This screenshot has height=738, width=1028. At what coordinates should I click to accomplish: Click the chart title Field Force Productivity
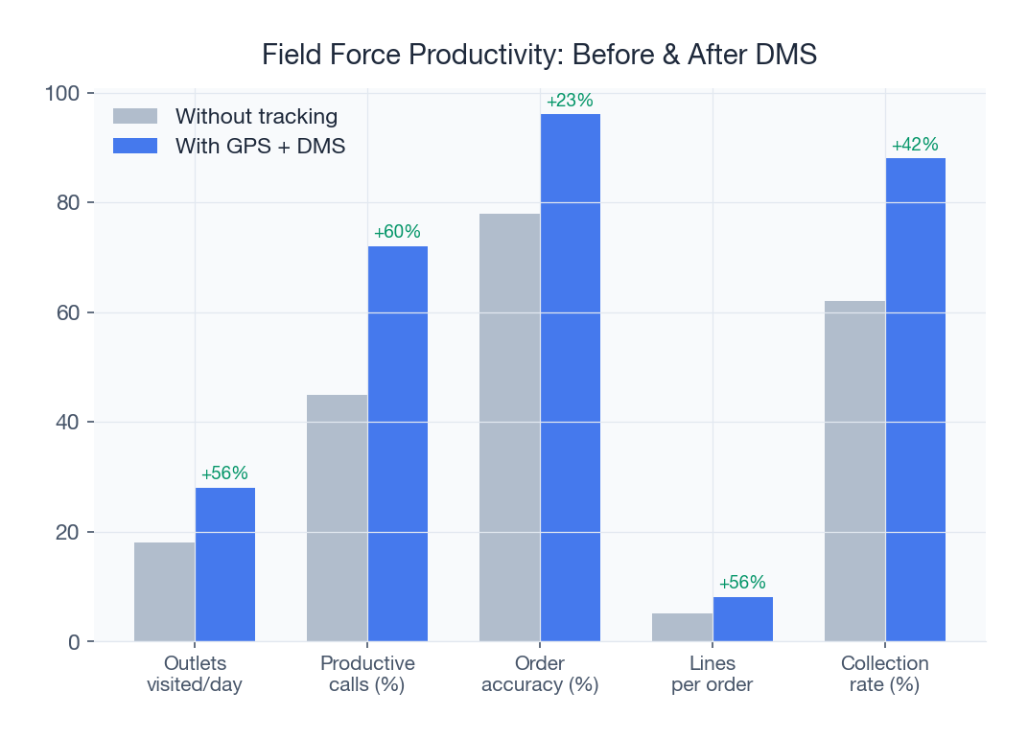point(539,55)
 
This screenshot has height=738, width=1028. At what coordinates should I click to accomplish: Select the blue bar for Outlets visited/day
point(225,565)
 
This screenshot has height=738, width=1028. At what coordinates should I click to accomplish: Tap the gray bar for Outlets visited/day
point(164,591)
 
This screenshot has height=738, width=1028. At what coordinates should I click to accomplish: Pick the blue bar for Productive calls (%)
point(398,444)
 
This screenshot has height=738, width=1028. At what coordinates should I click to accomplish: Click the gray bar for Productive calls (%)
point(337,518)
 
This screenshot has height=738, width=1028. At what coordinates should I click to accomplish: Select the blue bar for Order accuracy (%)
point(571,378)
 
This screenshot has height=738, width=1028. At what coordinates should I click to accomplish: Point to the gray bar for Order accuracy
point(509,427)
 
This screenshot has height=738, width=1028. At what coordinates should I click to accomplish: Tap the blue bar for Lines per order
point(743,619)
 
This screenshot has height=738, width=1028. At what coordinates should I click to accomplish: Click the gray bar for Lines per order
point(682,627)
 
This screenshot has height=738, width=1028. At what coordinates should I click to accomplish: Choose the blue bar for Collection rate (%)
point(916,400)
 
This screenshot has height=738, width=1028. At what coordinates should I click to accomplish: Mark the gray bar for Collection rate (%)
point(854,471)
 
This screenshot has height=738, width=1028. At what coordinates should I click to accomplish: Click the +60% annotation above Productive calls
point(397,232)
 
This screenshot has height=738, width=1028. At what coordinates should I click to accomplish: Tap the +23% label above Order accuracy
point(570,101)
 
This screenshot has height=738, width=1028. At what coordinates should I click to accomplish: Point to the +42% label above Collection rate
point(915,145)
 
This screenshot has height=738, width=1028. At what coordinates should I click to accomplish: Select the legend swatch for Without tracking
point(134,116)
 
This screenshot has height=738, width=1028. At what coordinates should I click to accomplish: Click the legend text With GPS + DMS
point(260,146)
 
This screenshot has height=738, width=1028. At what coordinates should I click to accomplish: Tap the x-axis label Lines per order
point(713,674)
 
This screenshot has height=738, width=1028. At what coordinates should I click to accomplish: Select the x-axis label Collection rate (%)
point(884,674)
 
